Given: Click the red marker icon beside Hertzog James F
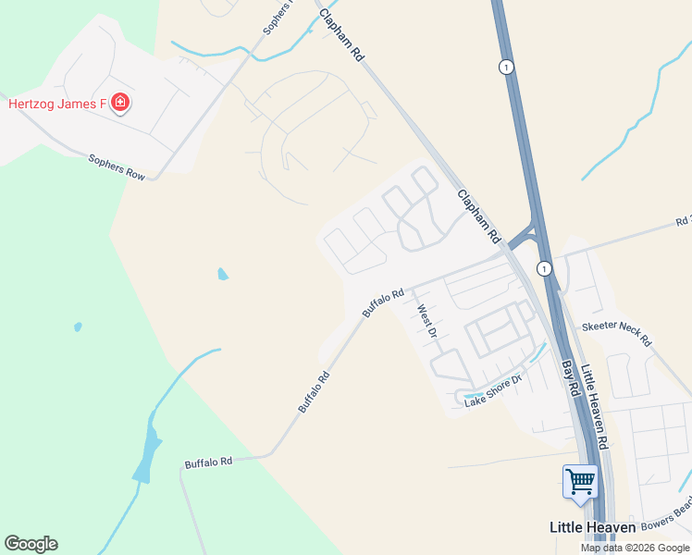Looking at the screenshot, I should (x=119, y=102).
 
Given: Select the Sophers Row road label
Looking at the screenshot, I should (x=117, y=167).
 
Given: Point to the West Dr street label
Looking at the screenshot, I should (x=426, y=321).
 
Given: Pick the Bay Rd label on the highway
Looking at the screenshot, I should (x=570, y=378).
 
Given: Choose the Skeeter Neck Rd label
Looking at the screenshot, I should (x=616, y=334).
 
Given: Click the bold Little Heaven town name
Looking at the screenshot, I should (x=592, y=527).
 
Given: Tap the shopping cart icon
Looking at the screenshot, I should (x=580, y=481).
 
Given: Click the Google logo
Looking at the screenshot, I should (x=31, y=544).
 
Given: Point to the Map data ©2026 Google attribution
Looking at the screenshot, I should (x=636, y=548).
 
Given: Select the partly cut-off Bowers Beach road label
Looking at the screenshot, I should (x=667, y=516).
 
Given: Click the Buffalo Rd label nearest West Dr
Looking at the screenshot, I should (x=383, y=303).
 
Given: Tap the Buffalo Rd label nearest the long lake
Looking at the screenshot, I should (x=208, y=461).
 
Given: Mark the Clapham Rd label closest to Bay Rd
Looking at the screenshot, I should (x=478, y=216).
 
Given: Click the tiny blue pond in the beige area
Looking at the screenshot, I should (x=222, y=274).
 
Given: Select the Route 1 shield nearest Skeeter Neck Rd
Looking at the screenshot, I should (x=545, y=268).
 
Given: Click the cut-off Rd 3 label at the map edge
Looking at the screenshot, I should (x=683, y=222).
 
